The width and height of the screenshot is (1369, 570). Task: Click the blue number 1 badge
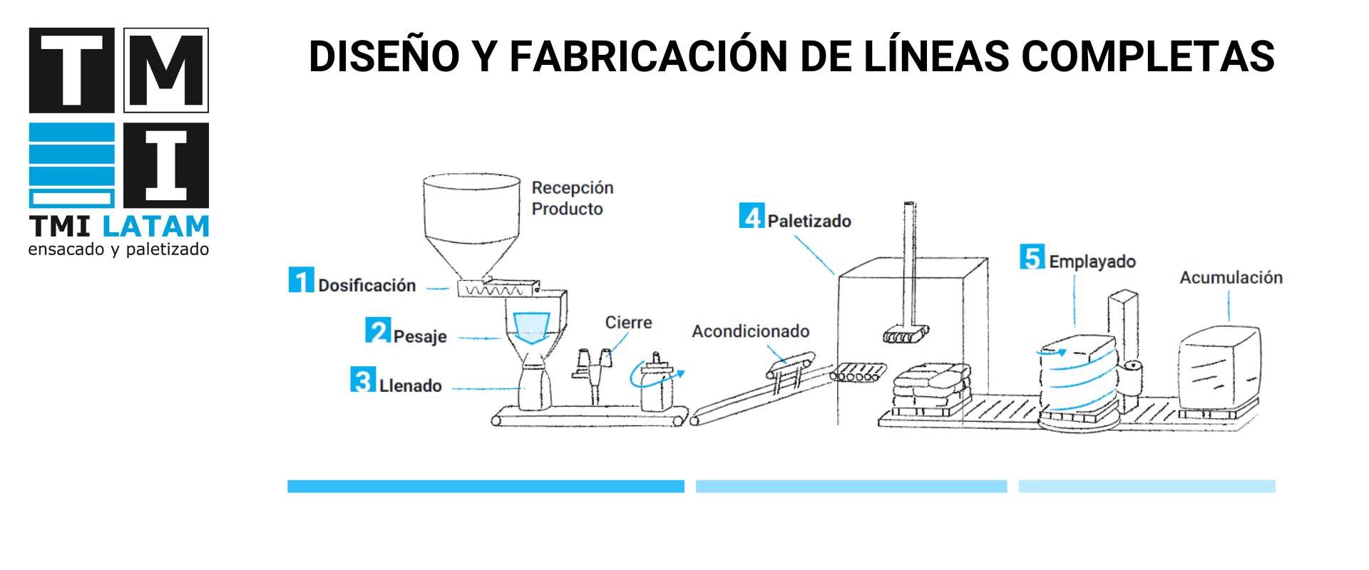(x=301, y=280)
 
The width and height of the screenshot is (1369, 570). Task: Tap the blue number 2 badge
(x=378, y=331)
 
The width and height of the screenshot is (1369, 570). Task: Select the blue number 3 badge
(x=363, y=380)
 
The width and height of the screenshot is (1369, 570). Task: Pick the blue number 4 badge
(x=752, y=216)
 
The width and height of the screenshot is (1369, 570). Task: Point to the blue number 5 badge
(x=1032, y=257)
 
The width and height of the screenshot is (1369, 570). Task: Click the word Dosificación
(x=366, y=286)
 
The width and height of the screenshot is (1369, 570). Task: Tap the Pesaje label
(x=420, y=336)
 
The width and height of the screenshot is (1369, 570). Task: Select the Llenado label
(x=410, y=386)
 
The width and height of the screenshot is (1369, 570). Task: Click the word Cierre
(x=628, y=323)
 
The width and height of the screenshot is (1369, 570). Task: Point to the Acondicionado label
(x=750, y=331)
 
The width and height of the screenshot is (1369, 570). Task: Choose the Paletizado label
(x=809, y=222)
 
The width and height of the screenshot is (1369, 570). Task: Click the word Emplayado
(x=1092, y=262)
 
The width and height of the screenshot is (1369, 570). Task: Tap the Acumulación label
(x=1231, y=278)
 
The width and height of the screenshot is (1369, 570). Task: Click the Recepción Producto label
(x=572, y=198)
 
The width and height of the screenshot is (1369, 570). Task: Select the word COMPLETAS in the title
(x=1148, y=57)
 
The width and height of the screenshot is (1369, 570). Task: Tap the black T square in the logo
(x=71, y=71)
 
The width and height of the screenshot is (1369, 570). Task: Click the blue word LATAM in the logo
(x=156, y=227)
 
